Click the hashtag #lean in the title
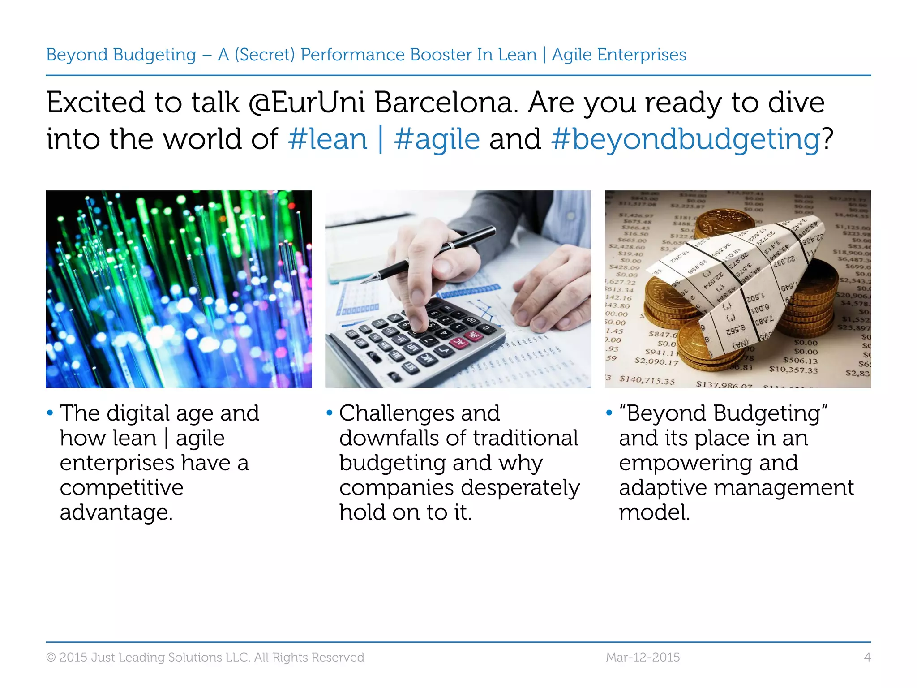(328, 139)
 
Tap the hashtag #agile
(437, 139)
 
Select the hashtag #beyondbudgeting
(685, 139)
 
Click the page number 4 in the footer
(867, 657)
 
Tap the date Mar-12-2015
(643, 657)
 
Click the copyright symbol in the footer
(51, 658)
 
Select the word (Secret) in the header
(265, 55)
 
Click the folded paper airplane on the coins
(739, 278)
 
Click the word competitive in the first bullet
(121, 487)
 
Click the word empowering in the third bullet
(708, 463)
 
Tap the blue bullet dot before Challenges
(330, 413)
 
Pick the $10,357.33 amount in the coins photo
(793, 370)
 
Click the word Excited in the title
(96, 103)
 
